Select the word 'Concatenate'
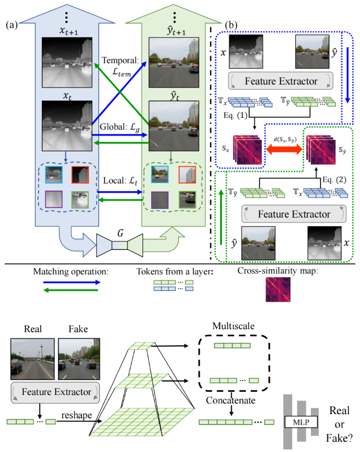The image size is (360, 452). point(229,401)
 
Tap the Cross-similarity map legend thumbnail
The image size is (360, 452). point(278,289)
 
